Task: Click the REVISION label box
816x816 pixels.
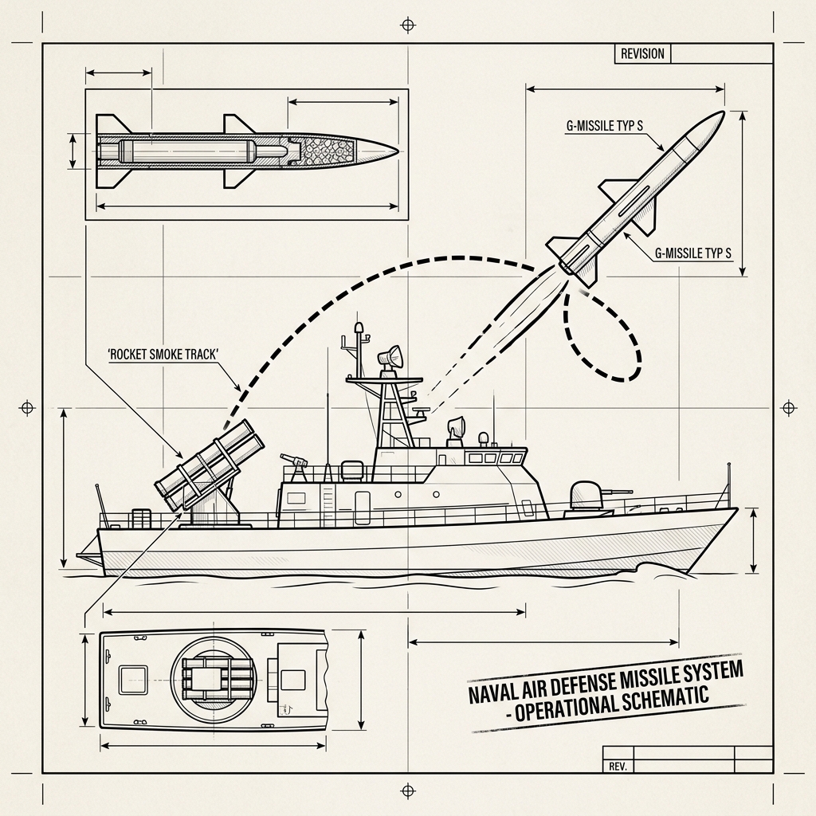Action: click(x=643, y=53)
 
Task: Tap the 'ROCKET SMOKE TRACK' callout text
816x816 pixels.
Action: click(x=163, y=355)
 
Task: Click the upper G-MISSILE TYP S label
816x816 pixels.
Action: click(x=605, y=126)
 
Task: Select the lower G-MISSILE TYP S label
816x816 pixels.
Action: click(x=693, y=253)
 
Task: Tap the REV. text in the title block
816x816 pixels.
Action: click(x=618, y=767)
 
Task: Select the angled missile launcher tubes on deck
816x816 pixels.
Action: click(x=209, y=465)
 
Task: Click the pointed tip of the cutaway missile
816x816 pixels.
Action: click(x=398, y=151)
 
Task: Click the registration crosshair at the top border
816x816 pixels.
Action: click(x=408, y=25)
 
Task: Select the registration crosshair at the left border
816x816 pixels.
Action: click(x=27, y=407)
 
